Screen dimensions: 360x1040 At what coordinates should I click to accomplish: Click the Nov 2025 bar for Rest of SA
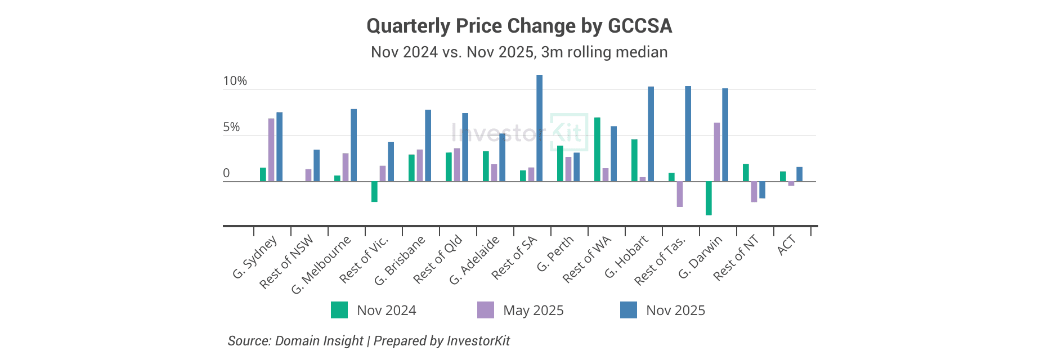coord(539,128)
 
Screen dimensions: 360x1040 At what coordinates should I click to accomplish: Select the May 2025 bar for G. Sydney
coord(271,150)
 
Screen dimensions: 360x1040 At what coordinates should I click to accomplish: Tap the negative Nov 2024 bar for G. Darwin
coord(709,198)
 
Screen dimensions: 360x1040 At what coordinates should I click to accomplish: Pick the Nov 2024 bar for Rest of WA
coord(597,150)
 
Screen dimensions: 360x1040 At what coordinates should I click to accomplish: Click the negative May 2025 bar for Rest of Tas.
coord(680,194)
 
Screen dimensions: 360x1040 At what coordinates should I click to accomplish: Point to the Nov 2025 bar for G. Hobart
coord(651,134)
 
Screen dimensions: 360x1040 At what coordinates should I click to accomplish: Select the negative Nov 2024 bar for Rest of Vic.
coord(374,191)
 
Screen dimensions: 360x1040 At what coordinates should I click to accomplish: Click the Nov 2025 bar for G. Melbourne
coord(353,145)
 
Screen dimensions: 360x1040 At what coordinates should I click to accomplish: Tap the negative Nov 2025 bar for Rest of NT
coord(762,190)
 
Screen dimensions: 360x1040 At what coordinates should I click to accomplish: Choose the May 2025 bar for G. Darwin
coord(717,152)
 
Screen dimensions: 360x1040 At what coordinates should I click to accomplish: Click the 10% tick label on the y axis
coord(235,81)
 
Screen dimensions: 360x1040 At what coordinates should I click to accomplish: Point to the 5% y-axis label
coord(231,127)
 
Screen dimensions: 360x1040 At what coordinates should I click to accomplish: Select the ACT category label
coord(787,245)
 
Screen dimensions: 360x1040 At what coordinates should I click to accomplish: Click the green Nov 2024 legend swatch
coord(339,310)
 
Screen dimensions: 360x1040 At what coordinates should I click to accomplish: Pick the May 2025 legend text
coord(533,310)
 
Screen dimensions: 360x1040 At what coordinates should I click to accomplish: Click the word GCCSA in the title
coord(640,26)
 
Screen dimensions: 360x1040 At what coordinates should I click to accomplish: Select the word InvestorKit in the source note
coord(478,341)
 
